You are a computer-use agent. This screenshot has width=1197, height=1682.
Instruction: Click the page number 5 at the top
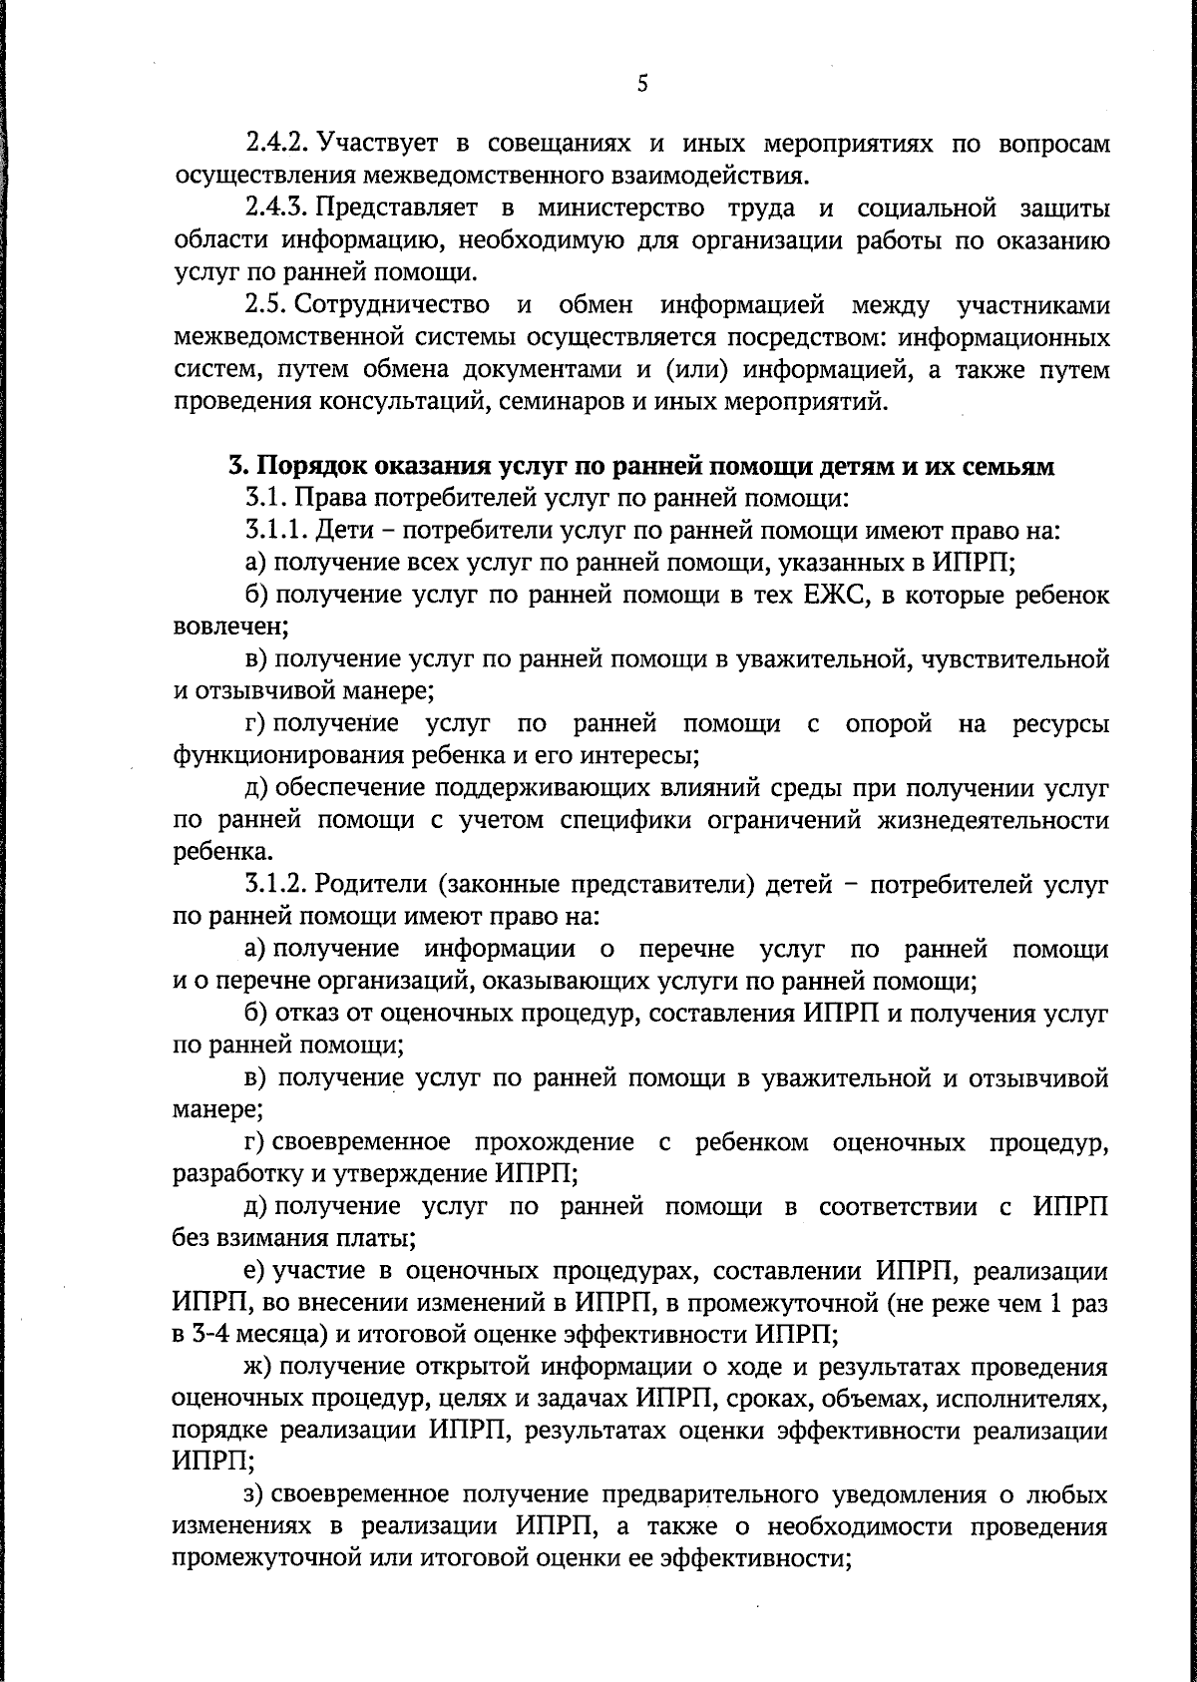pyautogui.click(x=642, y=86)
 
